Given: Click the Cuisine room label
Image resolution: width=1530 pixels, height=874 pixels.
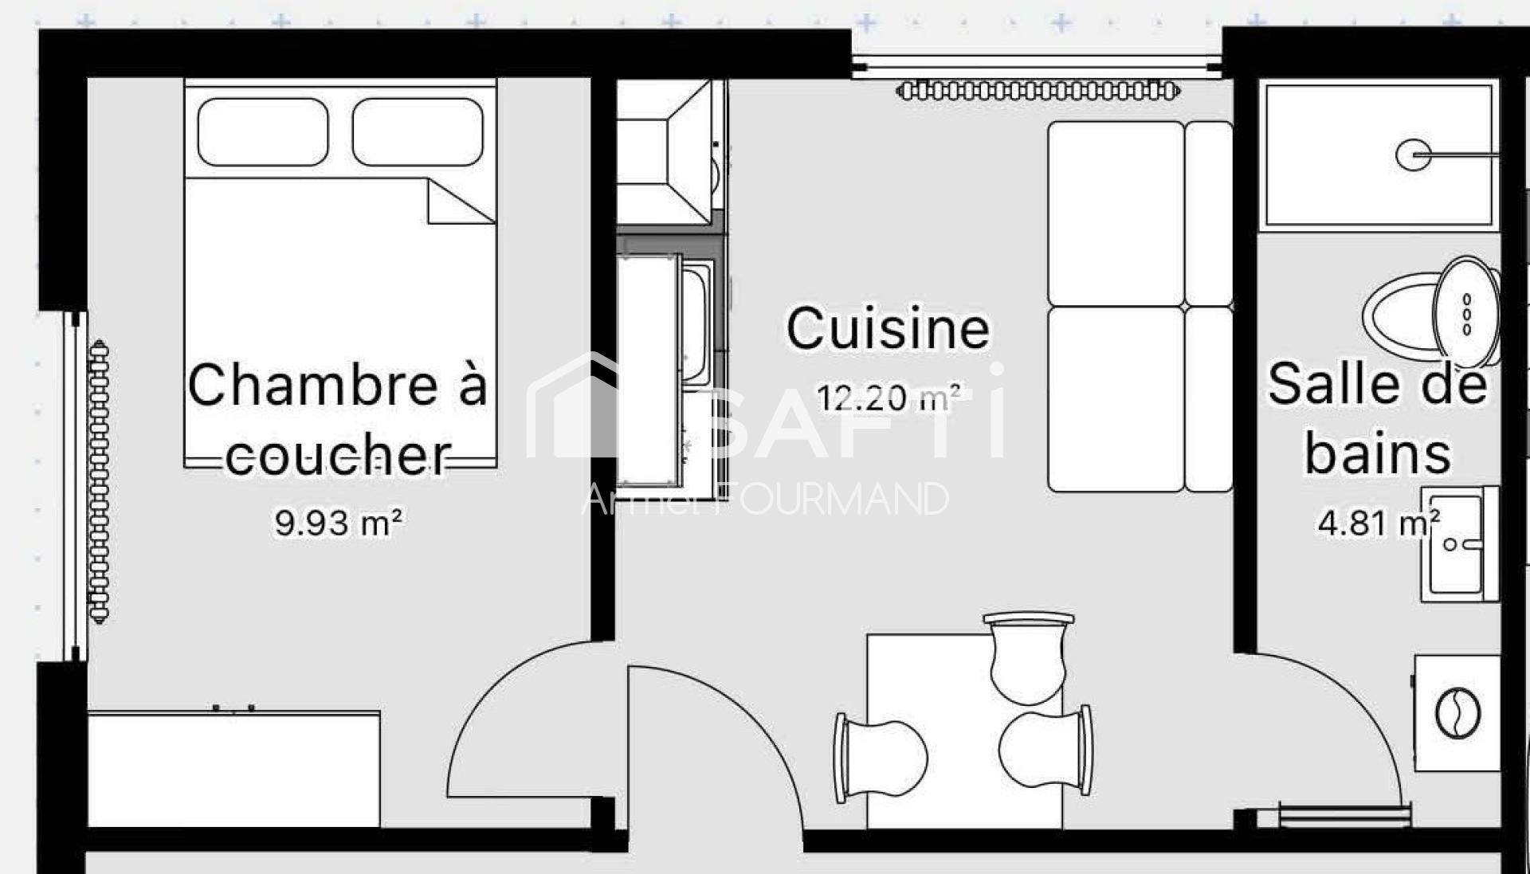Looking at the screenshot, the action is pos(888,328).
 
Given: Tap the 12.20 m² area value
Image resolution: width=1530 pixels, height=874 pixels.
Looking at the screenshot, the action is pos(888,397).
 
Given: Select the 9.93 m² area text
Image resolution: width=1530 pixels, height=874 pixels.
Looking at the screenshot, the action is pos(339,523).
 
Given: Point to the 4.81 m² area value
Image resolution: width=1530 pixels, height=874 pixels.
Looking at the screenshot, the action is pos(1379,523).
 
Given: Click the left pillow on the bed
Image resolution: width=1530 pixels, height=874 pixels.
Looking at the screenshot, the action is pos(263,132).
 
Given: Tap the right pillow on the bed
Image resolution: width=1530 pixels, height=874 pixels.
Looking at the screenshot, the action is pos(418,132).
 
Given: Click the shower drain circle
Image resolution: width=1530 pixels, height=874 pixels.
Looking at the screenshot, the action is pos(1413,155).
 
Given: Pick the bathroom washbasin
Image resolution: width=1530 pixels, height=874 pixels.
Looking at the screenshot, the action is pos(1459,543).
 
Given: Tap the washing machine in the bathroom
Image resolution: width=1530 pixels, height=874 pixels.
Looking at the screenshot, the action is pos(1457,713).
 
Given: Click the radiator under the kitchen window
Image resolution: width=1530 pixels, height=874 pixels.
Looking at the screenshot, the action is pos(1038,91).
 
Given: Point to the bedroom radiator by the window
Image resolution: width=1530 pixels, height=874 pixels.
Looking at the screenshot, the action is pos(98,481).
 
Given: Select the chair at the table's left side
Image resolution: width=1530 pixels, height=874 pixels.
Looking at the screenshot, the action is pos(880,758).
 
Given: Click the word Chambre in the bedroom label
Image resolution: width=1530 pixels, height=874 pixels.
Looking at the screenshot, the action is pos(313,384).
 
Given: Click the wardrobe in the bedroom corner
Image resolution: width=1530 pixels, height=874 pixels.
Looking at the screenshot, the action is pos(233,769).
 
